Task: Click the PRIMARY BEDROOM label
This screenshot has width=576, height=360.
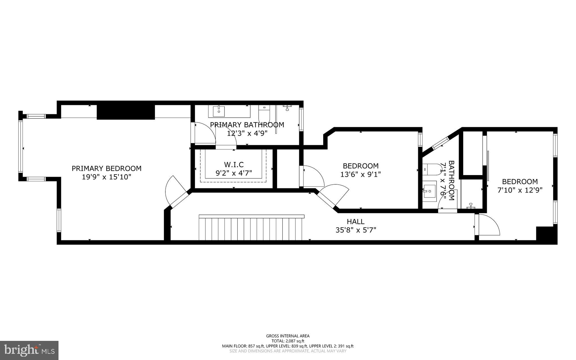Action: click(106, 168)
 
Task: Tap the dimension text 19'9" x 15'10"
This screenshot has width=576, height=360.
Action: click(106, 177)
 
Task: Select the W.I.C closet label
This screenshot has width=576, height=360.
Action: click(234, 164)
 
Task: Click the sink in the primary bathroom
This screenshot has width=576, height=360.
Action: click(219, 111)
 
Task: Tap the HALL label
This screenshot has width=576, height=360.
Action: click(355, 222)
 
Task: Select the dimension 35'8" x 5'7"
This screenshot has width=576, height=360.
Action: click(355, 230)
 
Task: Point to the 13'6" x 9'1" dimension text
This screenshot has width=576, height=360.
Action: click(360, 175)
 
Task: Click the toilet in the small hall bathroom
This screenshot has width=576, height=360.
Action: click(429, 169)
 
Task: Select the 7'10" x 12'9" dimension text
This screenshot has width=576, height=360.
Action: click(520, 190)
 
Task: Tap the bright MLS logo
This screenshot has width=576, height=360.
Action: click(29, 350)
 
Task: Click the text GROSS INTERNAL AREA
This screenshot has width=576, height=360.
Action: click(288, 336)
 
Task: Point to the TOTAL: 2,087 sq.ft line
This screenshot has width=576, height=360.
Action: click(288, 341)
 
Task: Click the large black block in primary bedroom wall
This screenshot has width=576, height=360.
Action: click(126, 112)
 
